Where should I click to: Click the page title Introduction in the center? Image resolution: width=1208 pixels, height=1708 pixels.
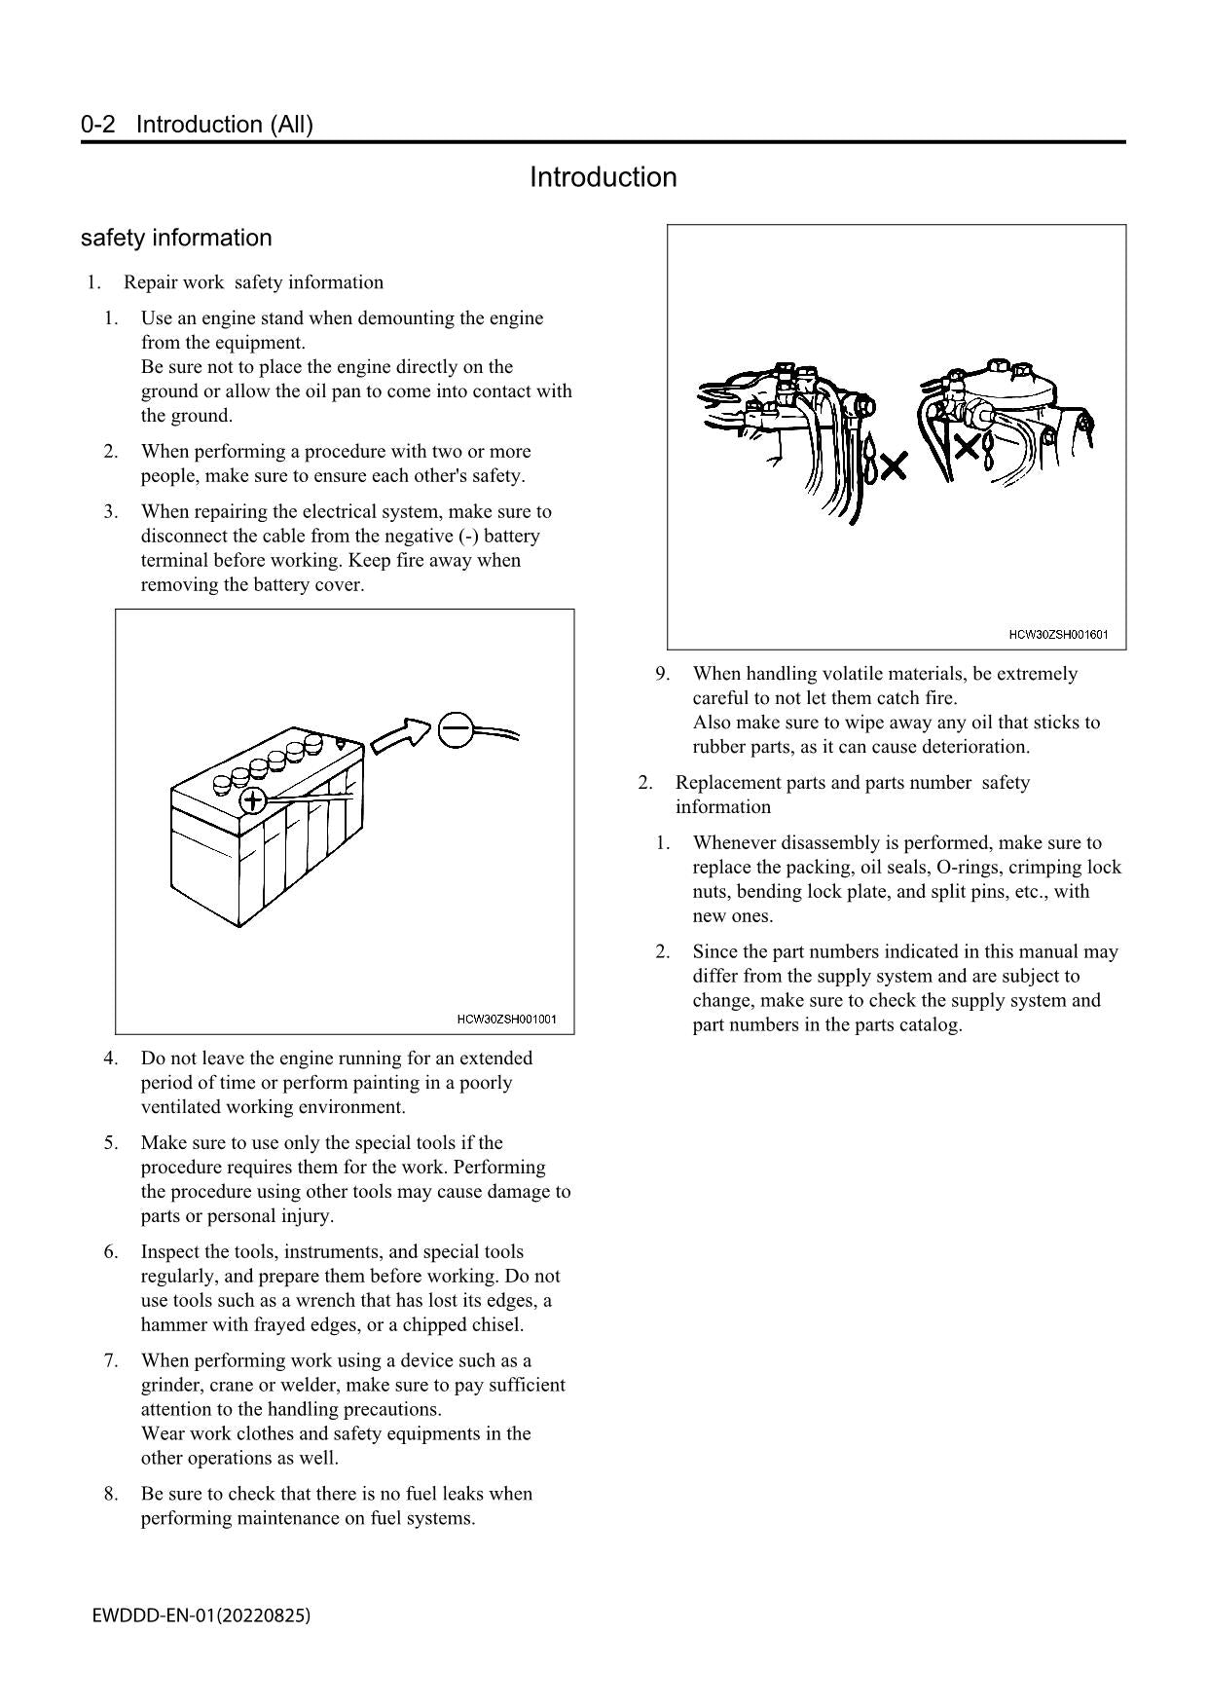coord(603,177)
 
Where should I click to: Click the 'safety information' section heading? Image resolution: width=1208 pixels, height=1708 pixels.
coord(176,239)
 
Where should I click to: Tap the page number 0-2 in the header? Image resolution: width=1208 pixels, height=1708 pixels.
coord(98,125)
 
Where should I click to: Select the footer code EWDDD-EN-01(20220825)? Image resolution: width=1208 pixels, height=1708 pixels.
coord(201,1615)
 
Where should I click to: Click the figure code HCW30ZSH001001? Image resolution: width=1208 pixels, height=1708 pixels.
coord(506,1020)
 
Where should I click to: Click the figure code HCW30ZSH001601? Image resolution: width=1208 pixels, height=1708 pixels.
coord(1058,635)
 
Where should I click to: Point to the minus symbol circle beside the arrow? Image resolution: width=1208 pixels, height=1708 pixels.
coord(456,729)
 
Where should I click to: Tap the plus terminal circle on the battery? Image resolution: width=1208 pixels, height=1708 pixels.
coord(252,801)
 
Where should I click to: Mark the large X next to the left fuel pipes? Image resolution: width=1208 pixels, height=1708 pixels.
coord(893,466)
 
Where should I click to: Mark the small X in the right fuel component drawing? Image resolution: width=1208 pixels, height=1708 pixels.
coord(967,448)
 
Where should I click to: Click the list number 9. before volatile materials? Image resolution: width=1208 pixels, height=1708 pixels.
coord(662,674)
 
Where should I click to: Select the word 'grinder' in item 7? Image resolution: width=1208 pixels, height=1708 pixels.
coord(171,1386)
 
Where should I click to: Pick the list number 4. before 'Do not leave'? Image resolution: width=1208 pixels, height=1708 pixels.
coord(111,1058)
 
